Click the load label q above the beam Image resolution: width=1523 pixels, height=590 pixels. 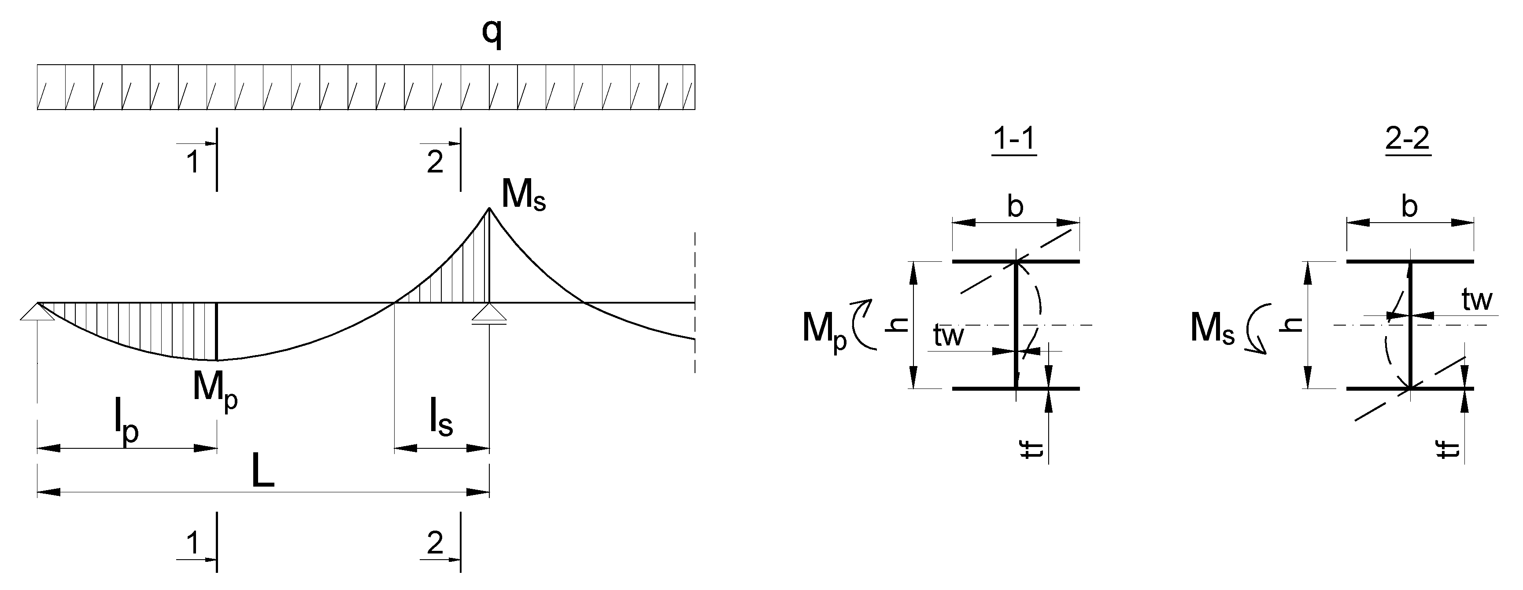tap(492, 34)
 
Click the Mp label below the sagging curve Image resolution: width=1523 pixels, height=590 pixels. tap(214, 390)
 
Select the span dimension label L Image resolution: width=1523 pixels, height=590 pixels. tap(262, 473)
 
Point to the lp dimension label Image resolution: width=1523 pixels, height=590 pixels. tap(126, 424)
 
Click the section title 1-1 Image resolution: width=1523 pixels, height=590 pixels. tap(1015, 140)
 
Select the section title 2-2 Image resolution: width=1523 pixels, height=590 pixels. tap(1408, 140)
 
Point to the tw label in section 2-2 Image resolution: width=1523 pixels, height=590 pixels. tap(1477, 300)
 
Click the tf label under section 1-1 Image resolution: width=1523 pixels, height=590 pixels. tap(1036, 452)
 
